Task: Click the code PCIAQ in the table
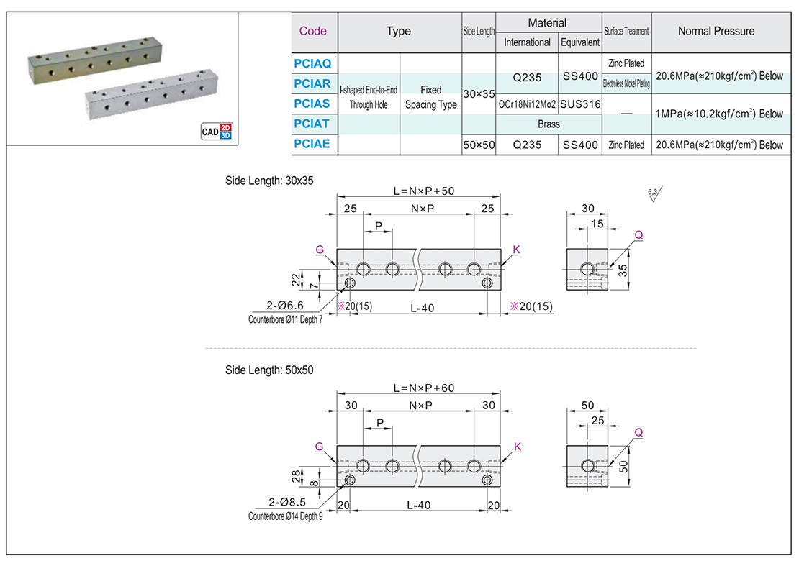point(312,63)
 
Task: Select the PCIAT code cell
point(312,124)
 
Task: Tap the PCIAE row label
point(312,144)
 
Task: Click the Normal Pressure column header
point(716,31)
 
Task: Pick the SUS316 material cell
point(579,104)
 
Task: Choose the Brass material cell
point(549,124)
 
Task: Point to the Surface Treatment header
point(626,32)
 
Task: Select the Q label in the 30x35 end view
point(638,235)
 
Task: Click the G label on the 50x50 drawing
point(319,447)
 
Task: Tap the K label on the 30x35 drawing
point(516,250)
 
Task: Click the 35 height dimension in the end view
point(623,270)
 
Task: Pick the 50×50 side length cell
point(479,145)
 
